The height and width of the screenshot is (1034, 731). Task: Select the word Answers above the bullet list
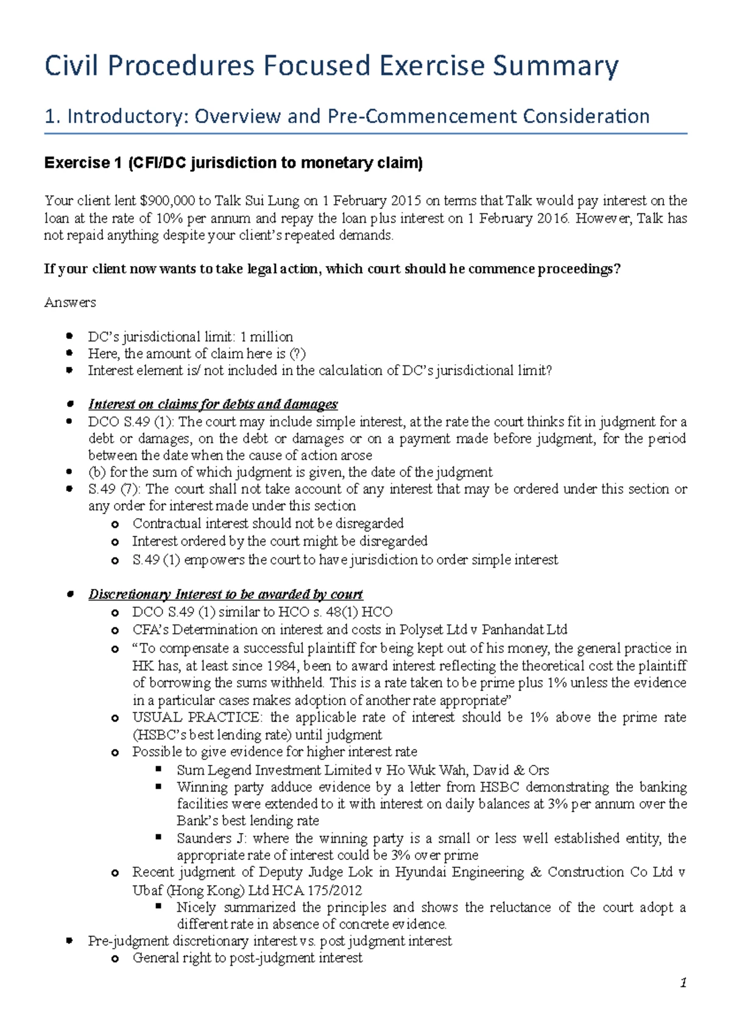click(x=70, y=303)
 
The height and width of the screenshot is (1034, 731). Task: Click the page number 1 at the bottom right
click(x=683, y=983)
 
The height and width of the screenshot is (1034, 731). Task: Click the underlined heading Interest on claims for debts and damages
click(x=213, y=404)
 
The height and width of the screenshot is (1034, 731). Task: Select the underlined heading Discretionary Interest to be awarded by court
click(x=225, y=594)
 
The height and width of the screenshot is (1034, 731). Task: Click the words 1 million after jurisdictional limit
click(x=267, y=337)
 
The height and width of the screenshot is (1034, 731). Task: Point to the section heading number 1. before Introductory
click(x=53, y=116)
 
